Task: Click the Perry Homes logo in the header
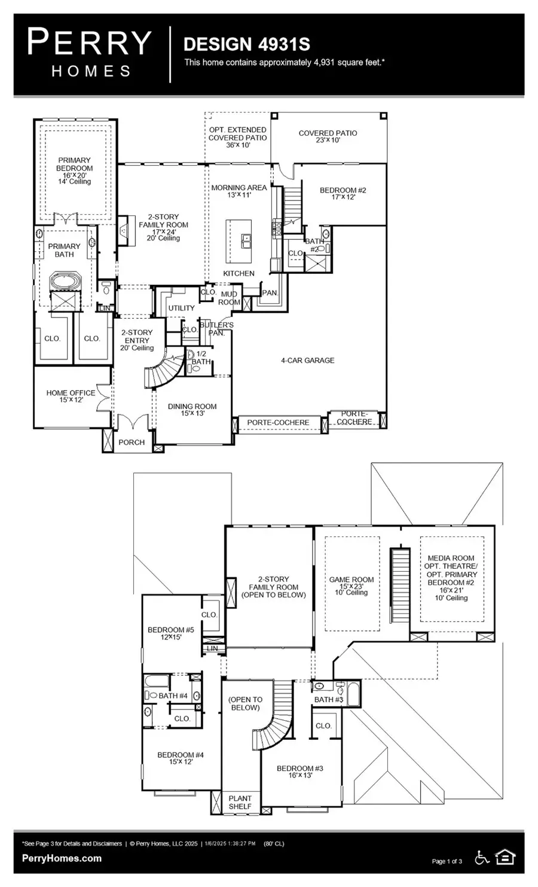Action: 90,54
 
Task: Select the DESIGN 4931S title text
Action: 246,44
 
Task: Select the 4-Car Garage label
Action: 307,361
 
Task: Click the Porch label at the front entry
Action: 132,442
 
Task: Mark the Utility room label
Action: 181,308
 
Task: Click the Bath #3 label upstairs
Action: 329,699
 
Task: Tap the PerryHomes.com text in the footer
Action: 62,858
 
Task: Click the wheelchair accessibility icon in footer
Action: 482,858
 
